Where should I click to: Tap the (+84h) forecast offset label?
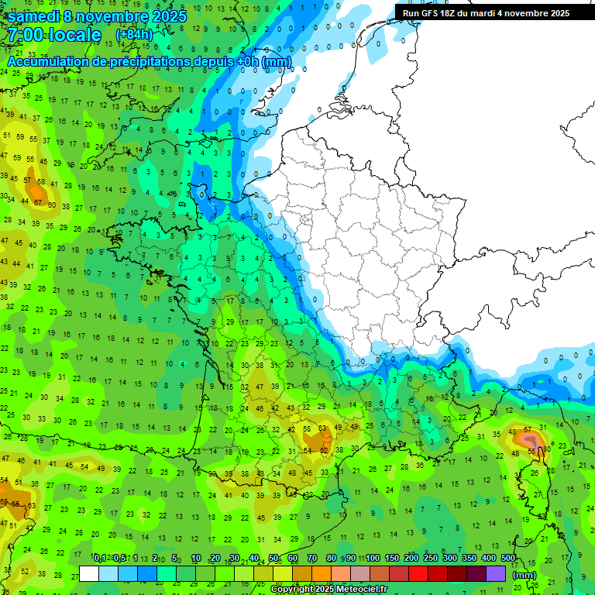(x=134, y=35)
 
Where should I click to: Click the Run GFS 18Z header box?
(x=486, y=12)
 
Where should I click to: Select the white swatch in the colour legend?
(x=89, y=574)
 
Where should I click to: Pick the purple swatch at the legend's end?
(x=496, y=574)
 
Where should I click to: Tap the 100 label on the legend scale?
(x=373, y=559)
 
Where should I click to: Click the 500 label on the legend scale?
(x=508, y=559)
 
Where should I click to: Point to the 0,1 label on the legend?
(x=100, y=559)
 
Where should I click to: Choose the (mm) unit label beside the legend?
(x=524, y=575)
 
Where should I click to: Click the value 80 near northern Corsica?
(x=547, y=448)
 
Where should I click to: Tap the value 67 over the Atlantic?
(x=39, y=202)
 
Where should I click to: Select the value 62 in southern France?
(x=324, y=450)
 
